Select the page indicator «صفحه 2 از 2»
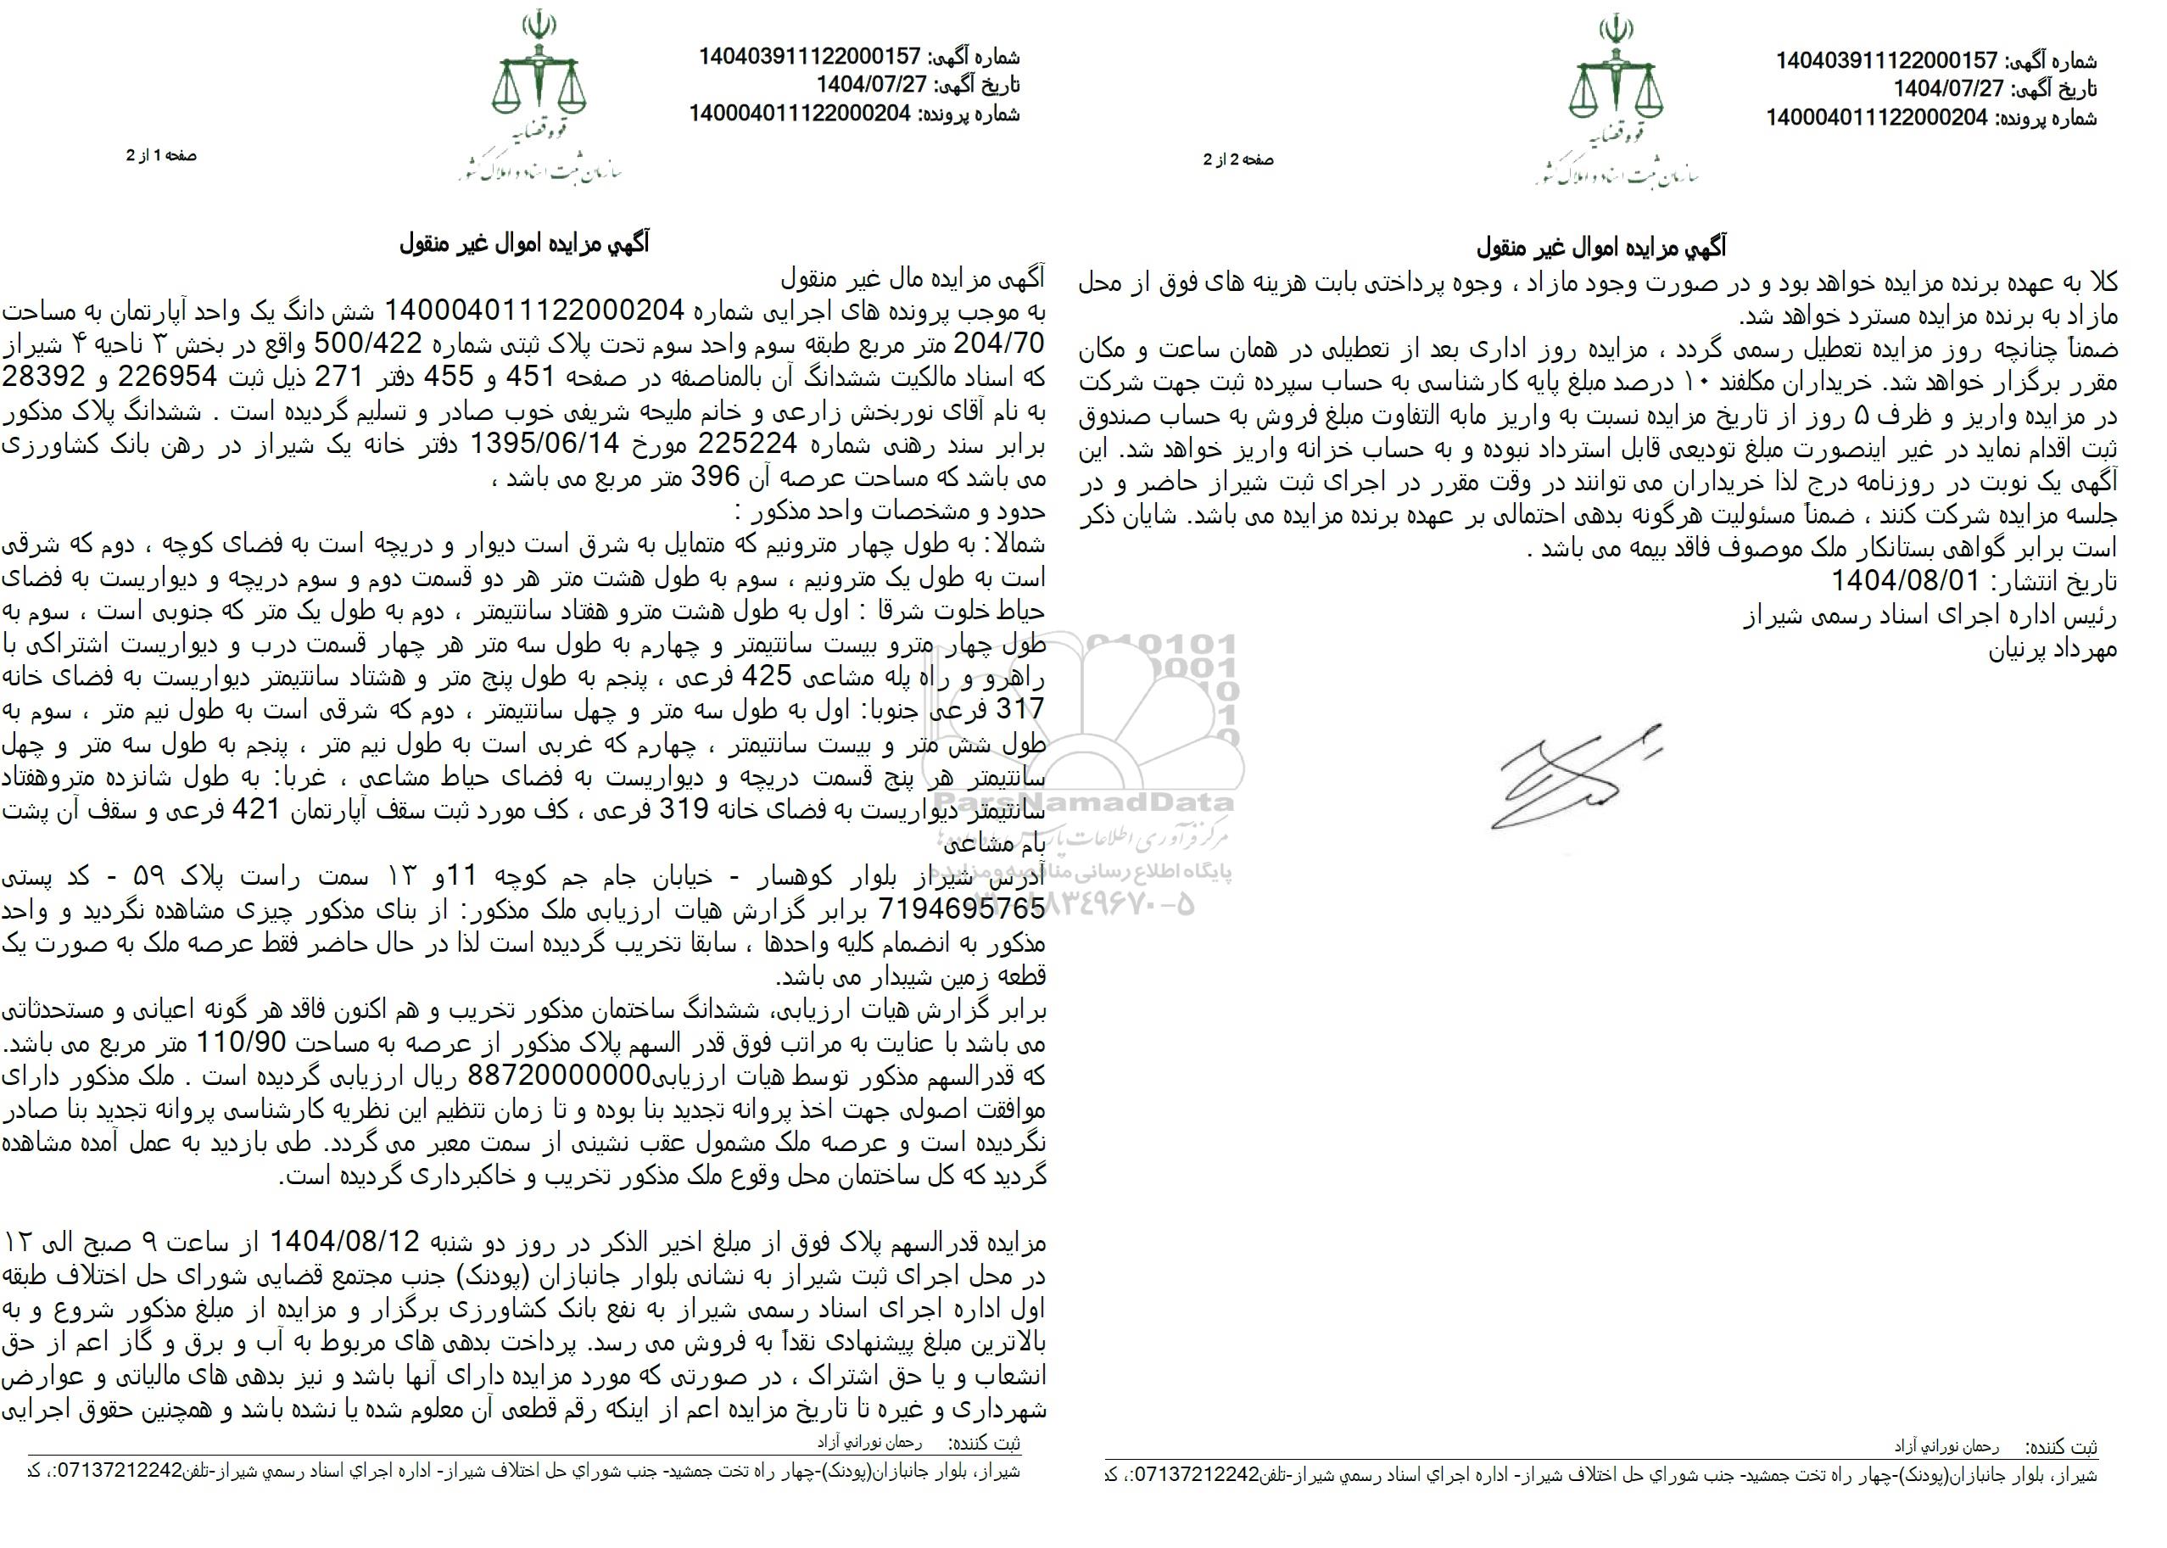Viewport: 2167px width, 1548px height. pos(1238,160)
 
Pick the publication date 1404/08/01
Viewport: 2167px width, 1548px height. pos(1906,580)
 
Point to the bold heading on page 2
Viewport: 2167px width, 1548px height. pos(1601,249)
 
